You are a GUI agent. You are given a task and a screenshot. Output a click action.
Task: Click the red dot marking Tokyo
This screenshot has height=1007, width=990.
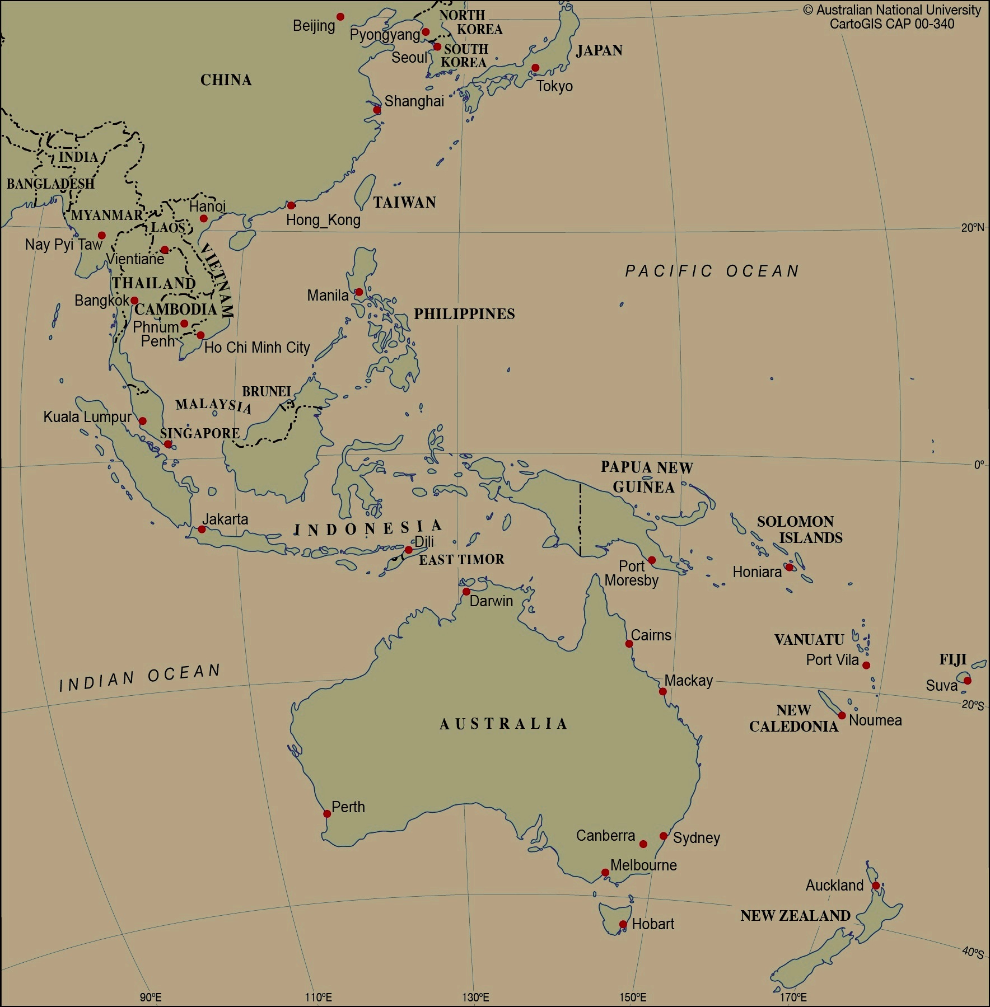(535, 68)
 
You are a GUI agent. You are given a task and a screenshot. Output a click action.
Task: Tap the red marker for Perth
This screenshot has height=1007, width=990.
(327, 814)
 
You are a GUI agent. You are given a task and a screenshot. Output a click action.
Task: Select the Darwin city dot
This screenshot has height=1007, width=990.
(466, 592)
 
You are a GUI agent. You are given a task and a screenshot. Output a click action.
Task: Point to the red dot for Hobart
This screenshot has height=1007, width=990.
(623, 924)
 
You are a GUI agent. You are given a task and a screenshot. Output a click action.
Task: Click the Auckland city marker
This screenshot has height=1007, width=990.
(876, 886)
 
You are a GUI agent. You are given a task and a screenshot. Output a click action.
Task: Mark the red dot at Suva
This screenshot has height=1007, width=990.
(967, 681)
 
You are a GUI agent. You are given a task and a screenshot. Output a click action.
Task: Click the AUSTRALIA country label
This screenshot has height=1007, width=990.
(503, 724)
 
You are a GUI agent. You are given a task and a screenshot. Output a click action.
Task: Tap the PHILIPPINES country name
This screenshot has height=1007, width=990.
(464, 314)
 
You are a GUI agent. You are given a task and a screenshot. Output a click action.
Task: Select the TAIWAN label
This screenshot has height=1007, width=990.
(404, 203)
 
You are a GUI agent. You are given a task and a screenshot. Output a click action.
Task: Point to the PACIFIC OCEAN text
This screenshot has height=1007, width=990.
(712, 271)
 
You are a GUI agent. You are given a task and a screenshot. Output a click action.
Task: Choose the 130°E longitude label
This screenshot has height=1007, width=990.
(475, 997)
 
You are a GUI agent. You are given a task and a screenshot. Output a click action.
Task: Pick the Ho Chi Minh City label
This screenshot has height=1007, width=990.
(257, 348)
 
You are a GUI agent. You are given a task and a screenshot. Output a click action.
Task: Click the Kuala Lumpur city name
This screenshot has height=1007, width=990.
(87, 417)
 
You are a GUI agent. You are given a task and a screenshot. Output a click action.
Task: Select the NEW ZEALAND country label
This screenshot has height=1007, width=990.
(795, 916)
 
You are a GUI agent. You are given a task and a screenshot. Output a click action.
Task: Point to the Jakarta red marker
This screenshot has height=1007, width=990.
(202, 529)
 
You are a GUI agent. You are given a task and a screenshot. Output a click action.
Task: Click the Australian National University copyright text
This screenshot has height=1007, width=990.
(892, 11)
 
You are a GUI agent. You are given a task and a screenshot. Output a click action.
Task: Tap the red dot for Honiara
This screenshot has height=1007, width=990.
(789, 567)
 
